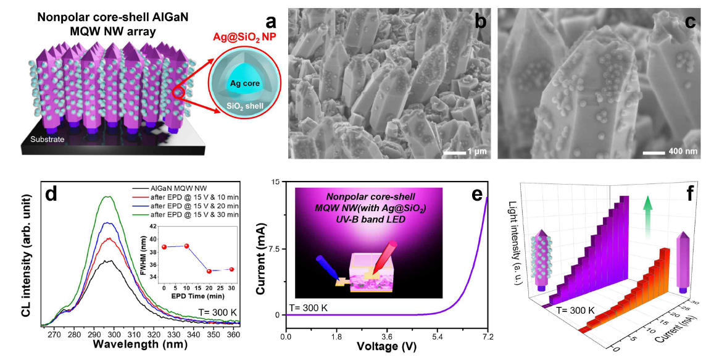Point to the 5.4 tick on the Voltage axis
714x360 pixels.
(437, 337)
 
